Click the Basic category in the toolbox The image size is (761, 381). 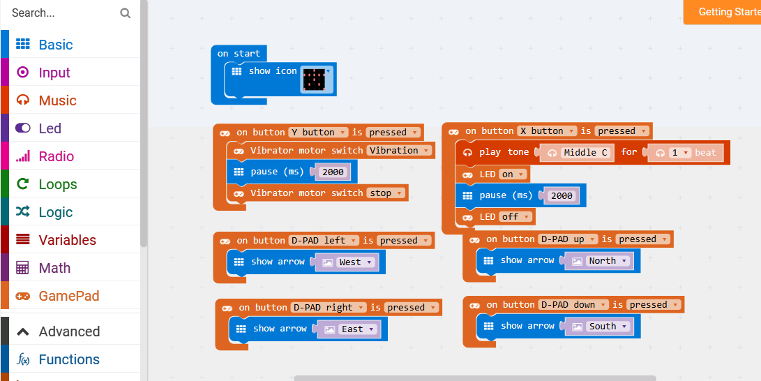55,45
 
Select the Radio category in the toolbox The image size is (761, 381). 56,156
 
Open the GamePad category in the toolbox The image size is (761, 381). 68,296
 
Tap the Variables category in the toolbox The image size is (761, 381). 67,240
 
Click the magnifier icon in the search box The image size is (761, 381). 125,13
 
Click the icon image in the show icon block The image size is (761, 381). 315,80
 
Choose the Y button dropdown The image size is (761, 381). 319,132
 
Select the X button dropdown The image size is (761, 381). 547,130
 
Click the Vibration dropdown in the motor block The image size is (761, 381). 400,150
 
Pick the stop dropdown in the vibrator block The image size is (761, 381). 386,193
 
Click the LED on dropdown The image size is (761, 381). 513,174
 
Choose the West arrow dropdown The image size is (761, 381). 355,262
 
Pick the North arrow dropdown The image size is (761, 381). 608,261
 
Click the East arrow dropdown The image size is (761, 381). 357,329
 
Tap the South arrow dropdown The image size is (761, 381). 608,327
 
